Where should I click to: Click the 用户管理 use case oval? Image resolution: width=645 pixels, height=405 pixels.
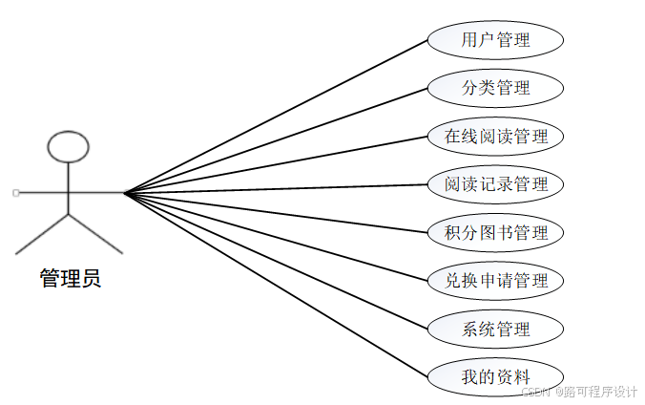click(495, 40)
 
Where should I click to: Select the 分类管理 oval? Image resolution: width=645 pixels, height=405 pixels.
click(495, 88)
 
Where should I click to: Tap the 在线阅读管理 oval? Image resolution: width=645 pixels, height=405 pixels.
click(495, 136)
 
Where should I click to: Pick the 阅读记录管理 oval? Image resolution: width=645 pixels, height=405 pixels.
click(495, 183)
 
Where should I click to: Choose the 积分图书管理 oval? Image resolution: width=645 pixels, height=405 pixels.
click(495, 232)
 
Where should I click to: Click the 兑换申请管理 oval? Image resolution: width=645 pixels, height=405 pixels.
click(495, 280)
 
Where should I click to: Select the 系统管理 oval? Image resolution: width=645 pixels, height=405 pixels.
click(495, 329)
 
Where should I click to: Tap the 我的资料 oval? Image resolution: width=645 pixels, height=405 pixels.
click(495, 376)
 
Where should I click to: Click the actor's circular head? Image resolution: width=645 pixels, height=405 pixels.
click(69, 146)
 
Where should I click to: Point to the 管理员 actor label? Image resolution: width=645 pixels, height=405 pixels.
click(70, 279)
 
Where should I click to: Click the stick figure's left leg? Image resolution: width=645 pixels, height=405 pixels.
click(42, 234)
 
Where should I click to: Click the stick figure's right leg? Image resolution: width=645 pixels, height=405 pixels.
click(96, 234)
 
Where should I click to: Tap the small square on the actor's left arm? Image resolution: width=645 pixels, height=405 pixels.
click(16, 193)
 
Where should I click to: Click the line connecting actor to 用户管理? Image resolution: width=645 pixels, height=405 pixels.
click(277, 116)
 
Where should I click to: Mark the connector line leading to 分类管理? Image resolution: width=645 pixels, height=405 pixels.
click(277, 140)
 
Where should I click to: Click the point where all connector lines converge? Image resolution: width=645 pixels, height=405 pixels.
click(124, 193)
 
